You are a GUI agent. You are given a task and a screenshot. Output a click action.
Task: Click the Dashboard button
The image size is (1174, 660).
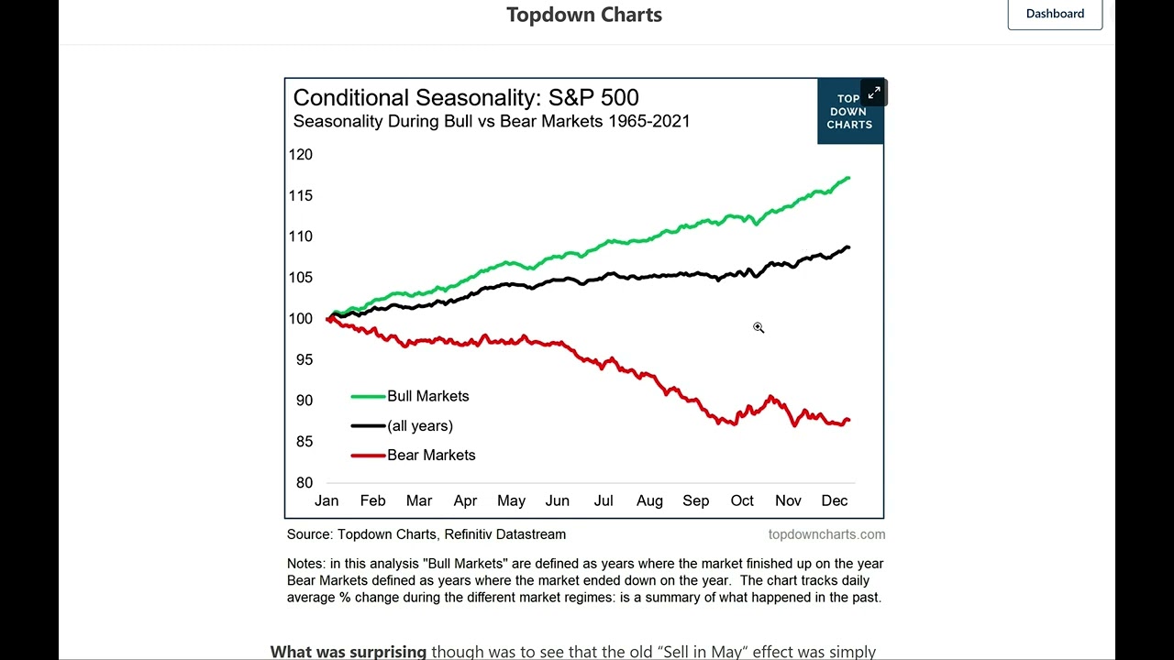click(1055, 14)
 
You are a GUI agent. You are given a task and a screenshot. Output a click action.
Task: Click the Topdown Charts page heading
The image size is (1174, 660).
click(584, 15)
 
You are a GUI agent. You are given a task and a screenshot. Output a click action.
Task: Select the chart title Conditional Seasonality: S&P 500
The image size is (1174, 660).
click(466, 98)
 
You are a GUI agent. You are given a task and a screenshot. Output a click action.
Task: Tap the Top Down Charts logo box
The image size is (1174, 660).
click(848, 112)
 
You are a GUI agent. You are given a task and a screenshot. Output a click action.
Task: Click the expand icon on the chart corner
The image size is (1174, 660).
click(874, 93)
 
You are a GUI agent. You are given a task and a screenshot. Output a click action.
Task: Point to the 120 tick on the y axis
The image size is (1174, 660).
click(301, 155)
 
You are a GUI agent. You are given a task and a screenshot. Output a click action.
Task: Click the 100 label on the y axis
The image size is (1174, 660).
click(301, 319)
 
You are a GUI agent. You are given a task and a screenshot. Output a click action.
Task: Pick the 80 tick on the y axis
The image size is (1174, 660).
click(304, 483)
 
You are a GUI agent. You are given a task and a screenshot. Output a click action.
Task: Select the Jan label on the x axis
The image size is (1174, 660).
click(327, 500)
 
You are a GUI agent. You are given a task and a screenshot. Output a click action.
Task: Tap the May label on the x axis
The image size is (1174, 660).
click(511, 500)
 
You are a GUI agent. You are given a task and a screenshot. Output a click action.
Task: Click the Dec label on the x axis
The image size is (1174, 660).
click(834, 500)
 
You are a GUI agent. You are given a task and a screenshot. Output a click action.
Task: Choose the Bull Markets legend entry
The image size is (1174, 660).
click(427, 396)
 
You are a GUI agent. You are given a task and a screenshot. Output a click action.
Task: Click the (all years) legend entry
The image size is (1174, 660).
click(419, 425)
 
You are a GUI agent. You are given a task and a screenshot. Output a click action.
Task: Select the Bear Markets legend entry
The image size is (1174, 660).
click(431, 455)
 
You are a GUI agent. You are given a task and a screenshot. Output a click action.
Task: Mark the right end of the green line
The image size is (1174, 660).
click(848, 178)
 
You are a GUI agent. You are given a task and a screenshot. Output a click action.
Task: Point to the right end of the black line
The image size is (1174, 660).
click(848, 247)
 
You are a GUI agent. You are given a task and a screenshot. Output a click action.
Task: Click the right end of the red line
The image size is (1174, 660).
click(848, 420)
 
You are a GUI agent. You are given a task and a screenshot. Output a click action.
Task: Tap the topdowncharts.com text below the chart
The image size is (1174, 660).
click(826, 534)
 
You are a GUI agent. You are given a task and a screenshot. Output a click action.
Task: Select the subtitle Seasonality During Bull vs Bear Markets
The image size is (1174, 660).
click(491, 121)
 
